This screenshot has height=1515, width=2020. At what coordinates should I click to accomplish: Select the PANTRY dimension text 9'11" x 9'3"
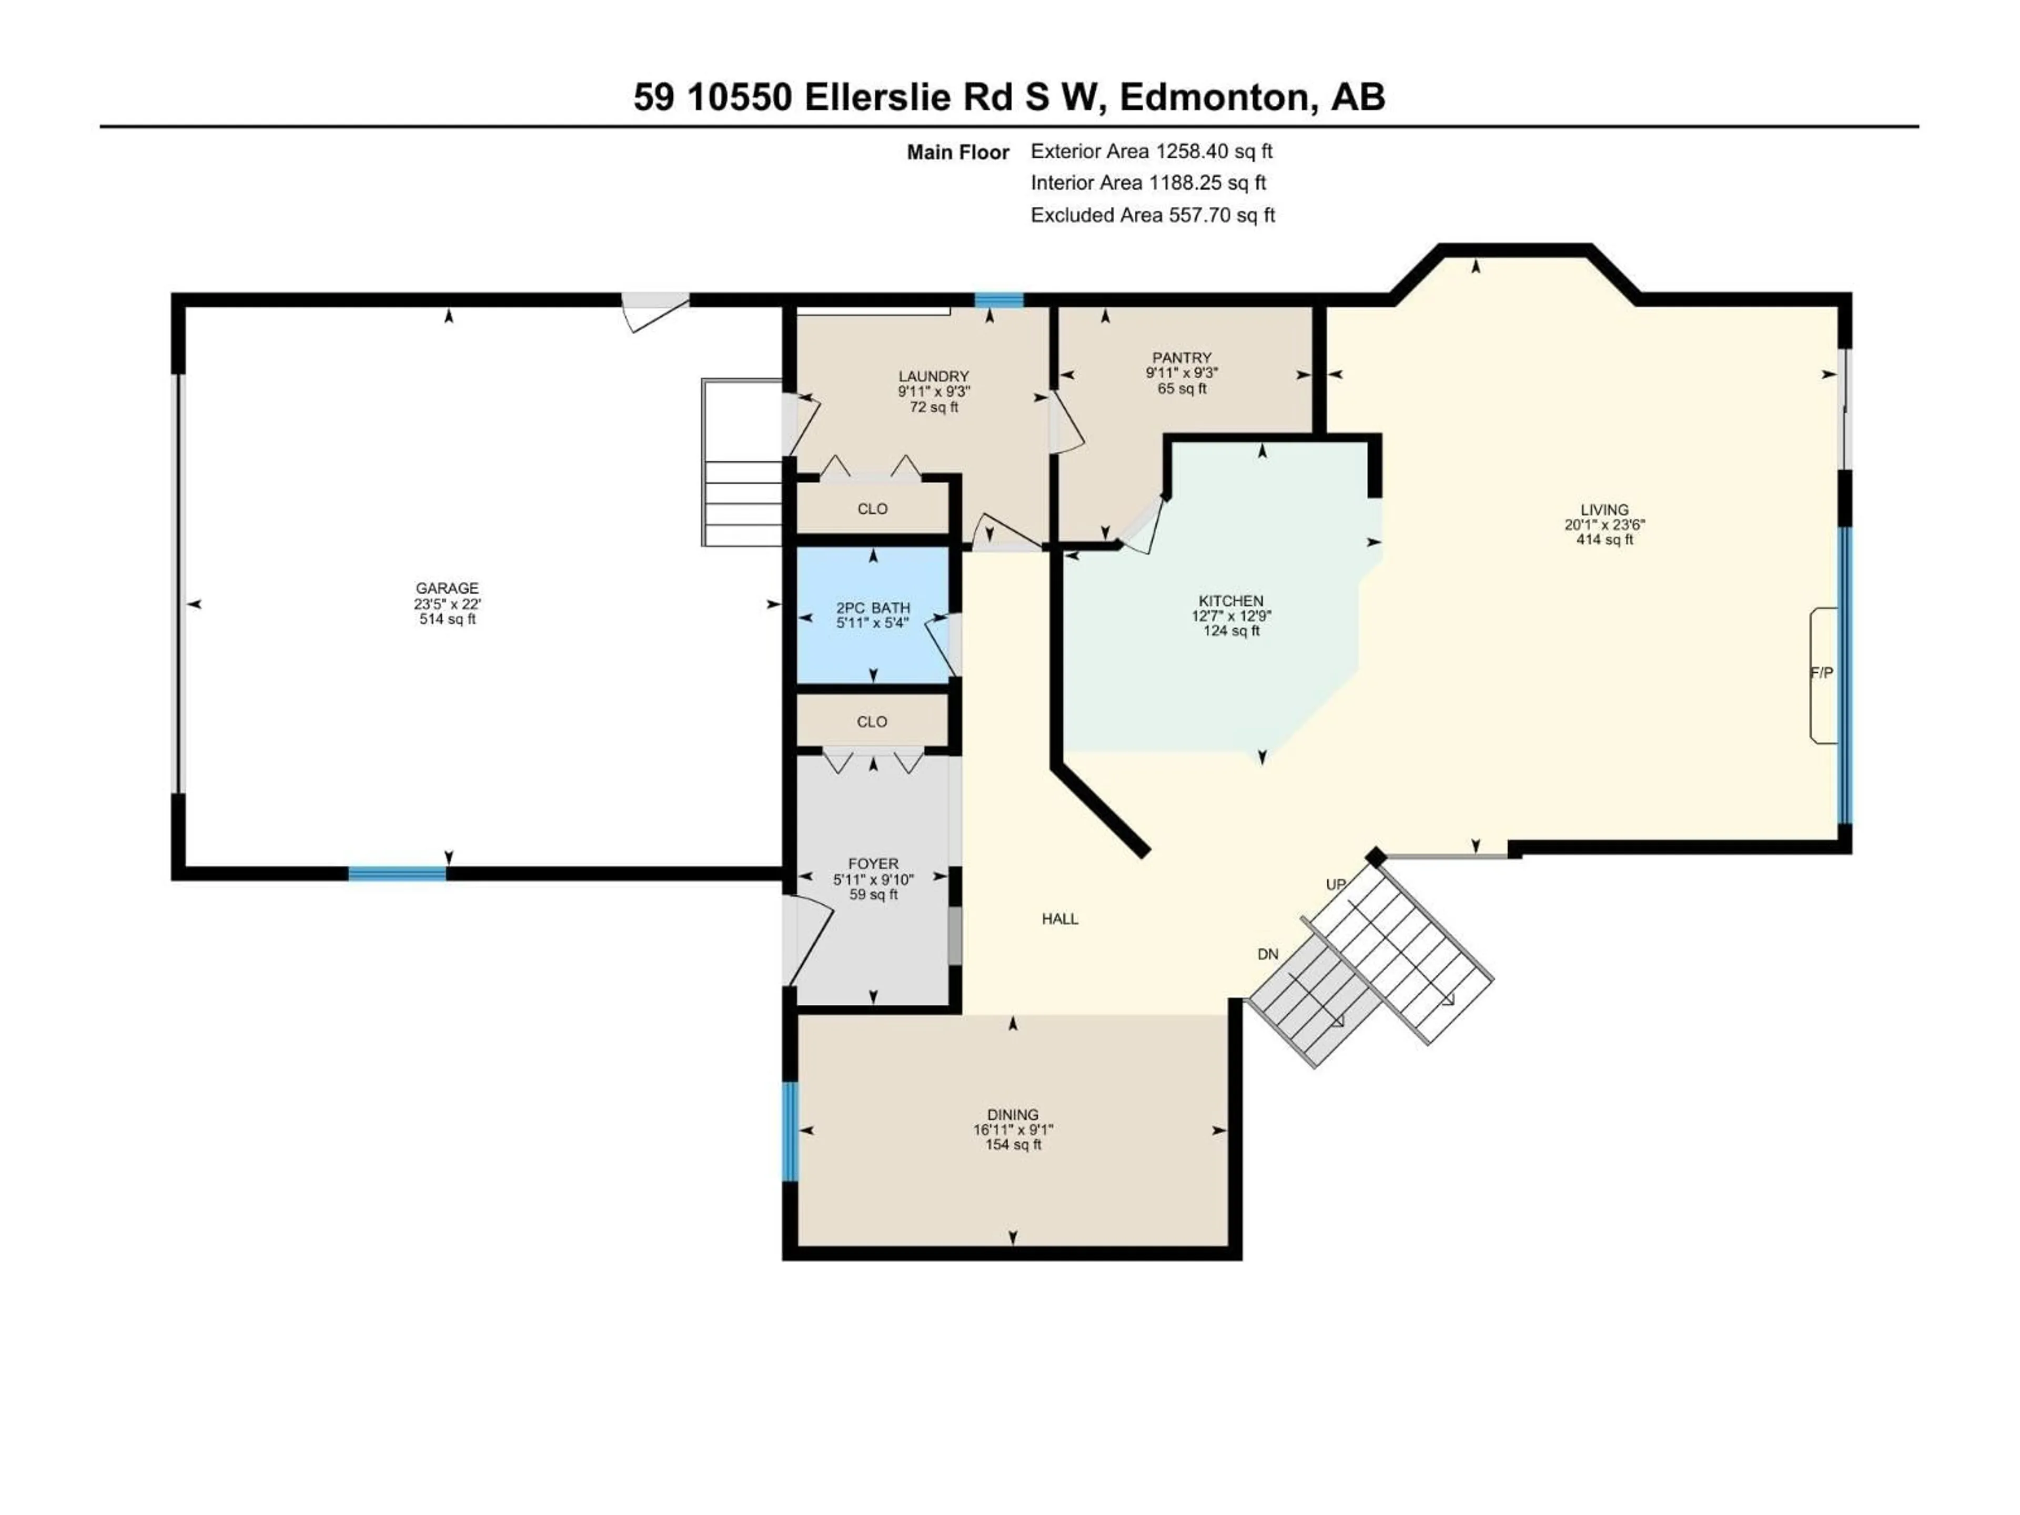click(x=1181, y=372)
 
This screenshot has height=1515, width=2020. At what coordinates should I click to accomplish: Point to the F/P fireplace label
click(x=1821, y=673)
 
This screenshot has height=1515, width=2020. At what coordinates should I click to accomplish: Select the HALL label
click(x=1059, y=918)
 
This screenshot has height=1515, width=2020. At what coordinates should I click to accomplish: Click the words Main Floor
click(x=957, y=153)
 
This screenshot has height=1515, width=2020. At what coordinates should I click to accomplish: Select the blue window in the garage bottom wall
click(x=397, y=874)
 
